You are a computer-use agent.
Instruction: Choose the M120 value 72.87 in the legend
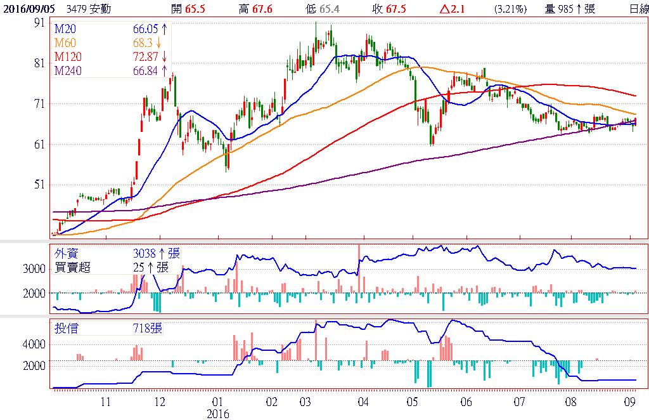[144, 57]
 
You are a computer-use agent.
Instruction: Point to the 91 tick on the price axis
[39, 22]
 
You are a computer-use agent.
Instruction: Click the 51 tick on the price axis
[39, 185]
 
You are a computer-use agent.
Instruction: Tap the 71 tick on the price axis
[39, 103]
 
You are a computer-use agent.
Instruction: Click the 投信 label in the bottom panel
[65, 328]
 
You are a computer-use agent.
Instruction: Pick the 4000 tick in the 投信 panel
[34, 345]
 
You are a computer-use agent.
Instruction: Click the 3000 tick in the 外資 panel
[34, 269]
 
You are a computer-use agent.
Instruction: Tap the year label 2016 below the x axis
[218, 414]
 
